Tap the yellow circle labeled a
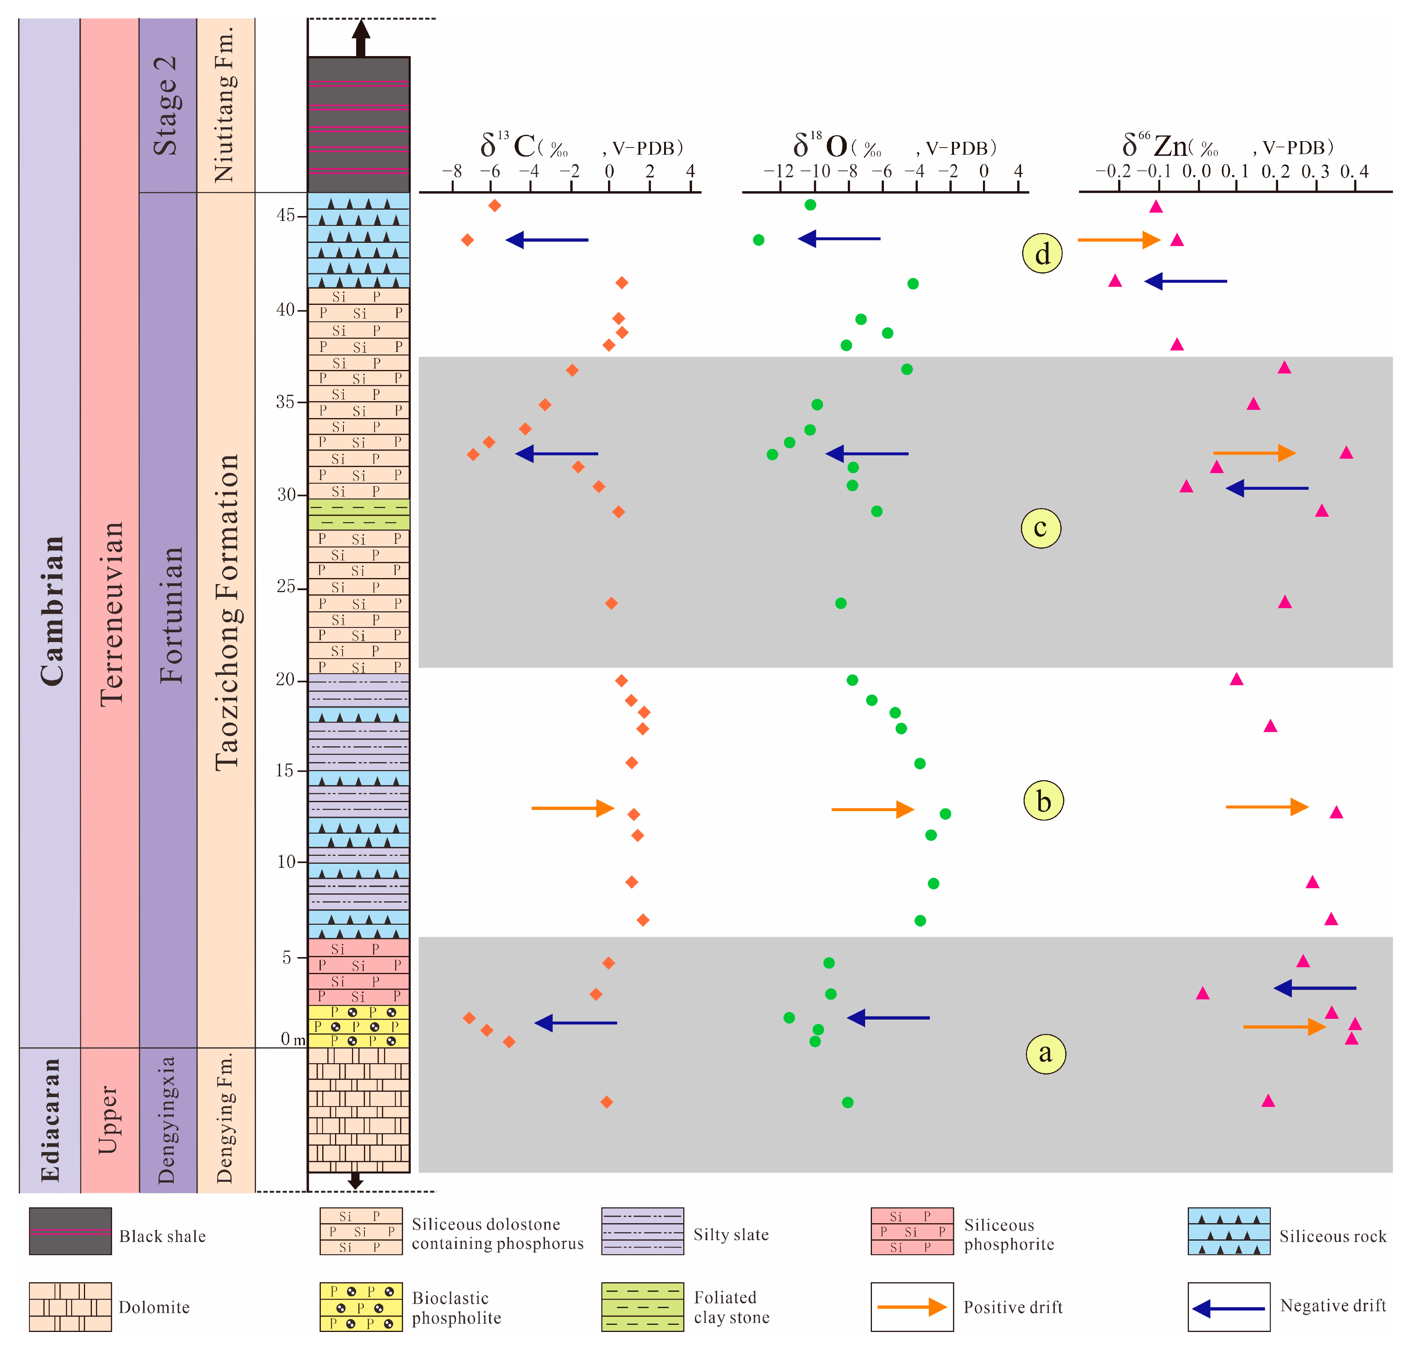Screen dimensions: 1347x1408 [1045, 1053]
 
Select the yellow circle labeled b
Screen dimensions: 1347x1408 [1043, 801]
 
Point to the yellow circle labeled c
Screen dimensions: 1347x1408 [1041, 528]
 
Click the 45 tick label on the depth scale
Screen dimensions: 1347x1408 [285, 215]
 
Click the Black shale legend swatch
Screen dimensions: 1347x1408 [70, 1231]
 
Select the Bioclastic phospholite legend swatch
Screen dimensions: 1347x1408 [361, 1307]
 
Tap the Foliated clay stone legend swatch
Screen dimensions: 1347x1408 [642, 1307]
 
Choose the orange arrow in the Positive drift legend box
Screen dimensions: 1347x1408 [911, 1307]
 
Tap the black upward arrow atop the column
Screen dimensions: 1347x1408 [361, 37]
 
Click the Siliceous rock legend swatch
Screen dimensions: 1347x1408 [1228, 1231]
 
